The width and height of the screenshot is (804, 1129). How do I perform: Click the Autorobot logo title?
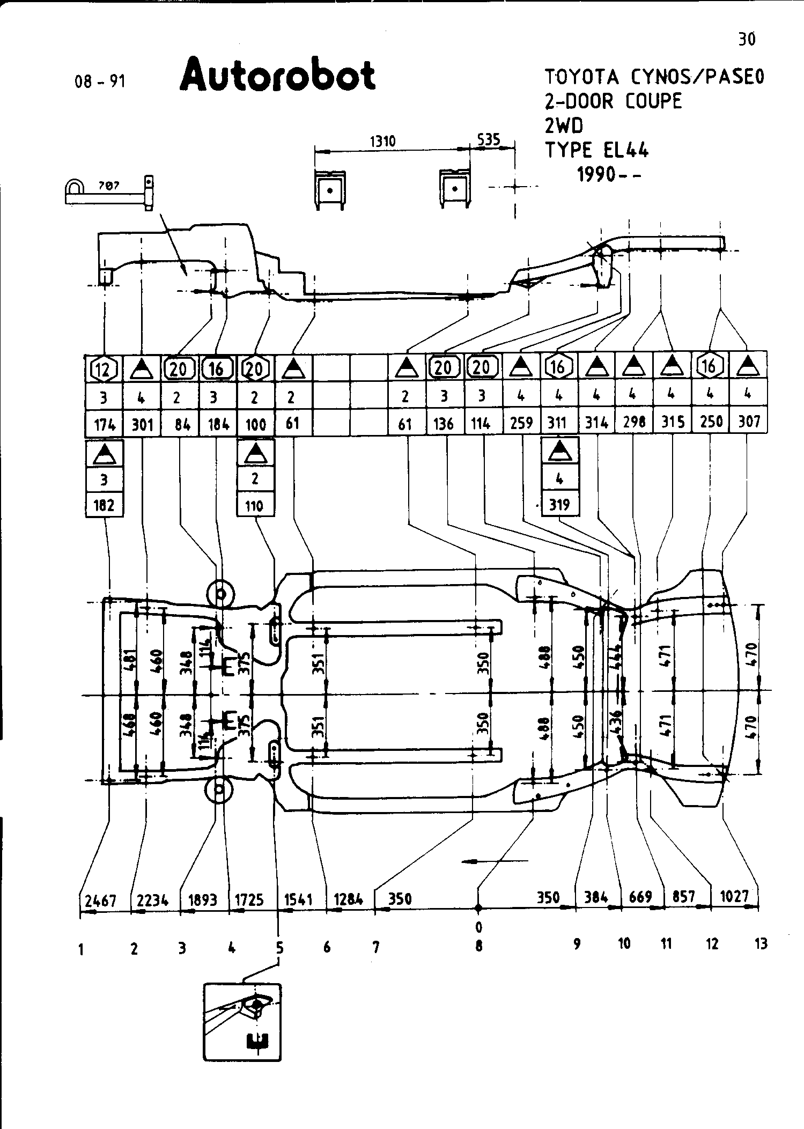pos(277,76)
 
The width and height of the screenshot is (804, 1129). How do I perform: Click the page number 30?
pos(747,39)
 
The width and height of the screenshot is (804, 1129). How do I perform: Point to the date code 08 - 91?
pos(100,82)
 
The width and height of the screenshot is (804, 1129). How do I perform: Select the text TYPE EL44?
pos(596,150)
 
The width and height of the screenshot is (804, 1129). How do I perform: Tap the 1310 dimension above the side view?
pos(383,142)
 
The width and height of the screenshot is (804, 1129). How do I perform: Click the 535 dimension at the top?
pos(489,140)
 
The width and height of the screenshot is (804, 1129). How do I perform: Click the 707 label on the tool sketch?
pos(109,186)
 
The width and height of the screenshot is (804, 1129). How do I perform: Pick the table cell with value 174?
pos(104,425)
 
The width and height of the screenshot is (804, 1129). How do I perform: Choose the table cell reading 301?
pos(142,425)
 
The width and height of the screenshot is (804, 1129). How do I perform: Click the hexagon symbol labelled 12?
pos(104,368)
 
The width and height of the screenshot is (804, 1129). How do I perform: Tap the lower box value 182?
pos(104,505)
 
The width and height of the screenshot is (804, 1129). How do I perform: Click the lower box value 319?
pos(559,505)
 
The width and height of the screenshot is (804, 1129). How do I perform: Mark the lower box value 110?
pos(255,505)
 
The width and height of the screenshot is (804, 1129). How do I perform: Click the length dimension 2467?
pos(101,900)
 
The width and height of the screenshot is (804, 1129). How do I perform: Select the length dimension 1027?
pos(734,896)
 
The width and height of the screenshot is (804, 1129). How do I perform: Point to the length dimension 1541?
pos(298,899)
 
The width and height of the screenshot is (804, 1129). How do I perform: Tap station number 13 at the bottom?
pos(761,943)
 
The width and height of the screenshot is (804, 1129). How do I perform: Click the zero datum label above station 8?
pos(478,927)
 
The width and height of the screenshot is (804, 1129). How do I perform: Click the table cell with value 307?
pos(749,422)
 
